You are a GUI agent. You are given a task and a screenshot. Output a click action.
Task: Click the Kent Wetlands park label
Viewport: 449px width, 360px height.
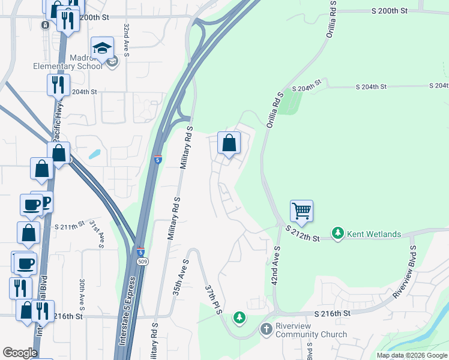(x=375, y=233)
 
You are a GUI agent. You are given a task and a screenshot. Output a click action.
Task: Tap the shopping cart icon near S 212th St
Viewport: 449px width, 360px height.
(x=301, y=211)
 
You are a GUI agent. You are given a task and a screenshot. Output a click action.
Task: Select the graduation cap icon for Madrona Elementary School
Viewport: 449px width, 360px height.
(x=103, y=47)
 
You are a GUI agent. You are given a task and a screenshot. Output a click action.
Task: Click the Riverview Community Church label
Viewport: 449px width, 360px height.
(x=311, y=330)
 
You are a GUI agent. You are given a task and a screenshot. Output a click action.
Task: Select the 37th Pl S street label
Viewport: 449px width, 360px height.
(x=214, y=297)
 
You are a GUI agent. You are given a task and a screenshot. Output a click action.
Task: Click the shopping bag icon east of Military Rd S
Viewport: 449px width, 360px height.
(x=229, y=143)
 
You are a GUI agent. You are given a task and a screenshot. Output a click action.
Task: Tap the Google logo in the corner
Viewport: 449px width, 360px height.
(x=20, y=353)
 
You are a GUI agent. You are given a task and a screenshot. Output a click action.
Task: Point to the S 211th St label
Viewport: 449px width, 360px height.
(x=71, y=227)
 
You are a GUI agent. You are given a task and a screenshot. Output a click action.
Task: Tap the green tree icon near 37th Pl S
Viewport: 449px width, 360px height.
(x=240, y=316)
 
